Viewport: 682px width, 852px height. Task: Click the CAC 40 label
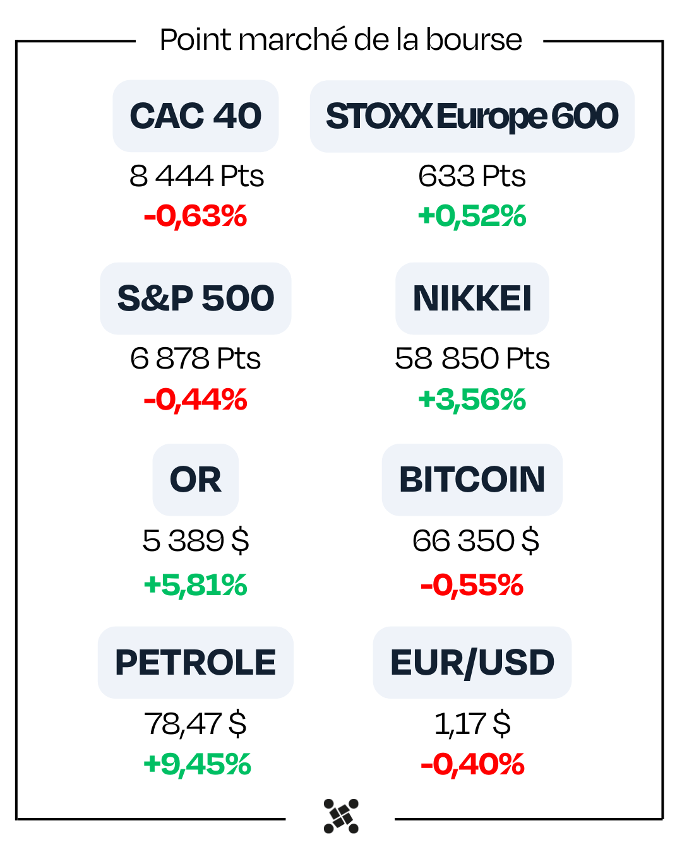click(196, 116)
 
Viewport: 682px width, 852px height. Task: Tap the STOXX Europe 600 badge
click(472, 116)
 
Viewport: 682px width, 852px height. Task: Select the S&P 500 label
click(196, 299)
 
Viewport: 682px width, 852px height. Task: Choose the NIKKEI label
click(472, 299)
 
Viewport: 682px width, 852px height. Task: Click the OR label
click(196, 480)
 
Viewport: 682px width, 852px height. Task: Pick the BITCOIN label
click(472, 480)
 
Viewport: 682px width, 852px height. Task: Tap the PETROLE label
click(196, 663)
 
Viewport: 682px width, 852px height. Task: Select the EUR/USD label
click(472, 663)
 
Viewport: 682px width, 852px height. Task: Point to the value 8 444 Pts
click(196, 176)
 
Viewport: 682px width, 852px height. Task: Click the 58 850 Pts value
click(472, 358)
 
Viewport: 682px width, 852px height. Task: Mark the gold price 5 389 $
click(196, 541)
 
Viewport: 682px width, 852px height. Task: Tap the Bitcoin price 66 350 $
click(476, 541)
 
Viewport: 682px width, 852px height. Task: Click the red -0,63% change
click(196, 216)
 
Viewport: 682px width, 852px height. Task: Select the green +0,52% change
click(472, 216)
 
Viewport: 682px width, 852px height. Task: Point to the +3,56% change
click(472, 399)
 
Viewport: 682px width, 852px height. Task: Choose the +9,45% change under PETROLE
click(197, 764)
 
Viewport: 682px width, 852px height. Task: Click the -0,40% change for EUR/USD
click(472, 764)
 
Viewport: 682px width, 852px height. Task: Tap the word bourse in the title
click(474, 40)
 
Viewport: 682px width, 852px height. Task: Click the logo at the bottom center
click(341, 816)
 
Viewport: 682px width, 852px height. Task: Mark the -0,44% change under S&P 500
click(196, 399)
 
